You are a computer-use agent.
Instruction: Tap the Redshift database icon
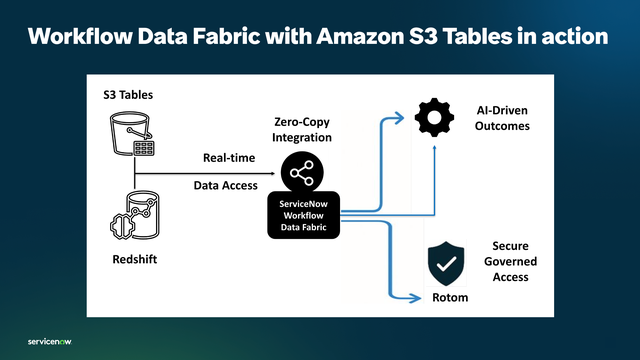[x=132, y=218]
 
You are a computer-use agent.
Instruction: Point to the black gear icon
[x=433, y=118]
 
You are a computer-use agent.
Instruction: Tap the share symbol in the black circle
[x=301, y=174]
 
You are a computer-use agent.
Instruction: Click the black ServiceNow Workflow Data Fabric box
[x=301, y=215]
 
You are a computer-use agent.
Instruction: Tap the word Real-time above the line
[x=227, y=158]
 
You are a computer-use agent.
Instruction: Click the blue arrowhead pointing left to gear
[x=404, y=118]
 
